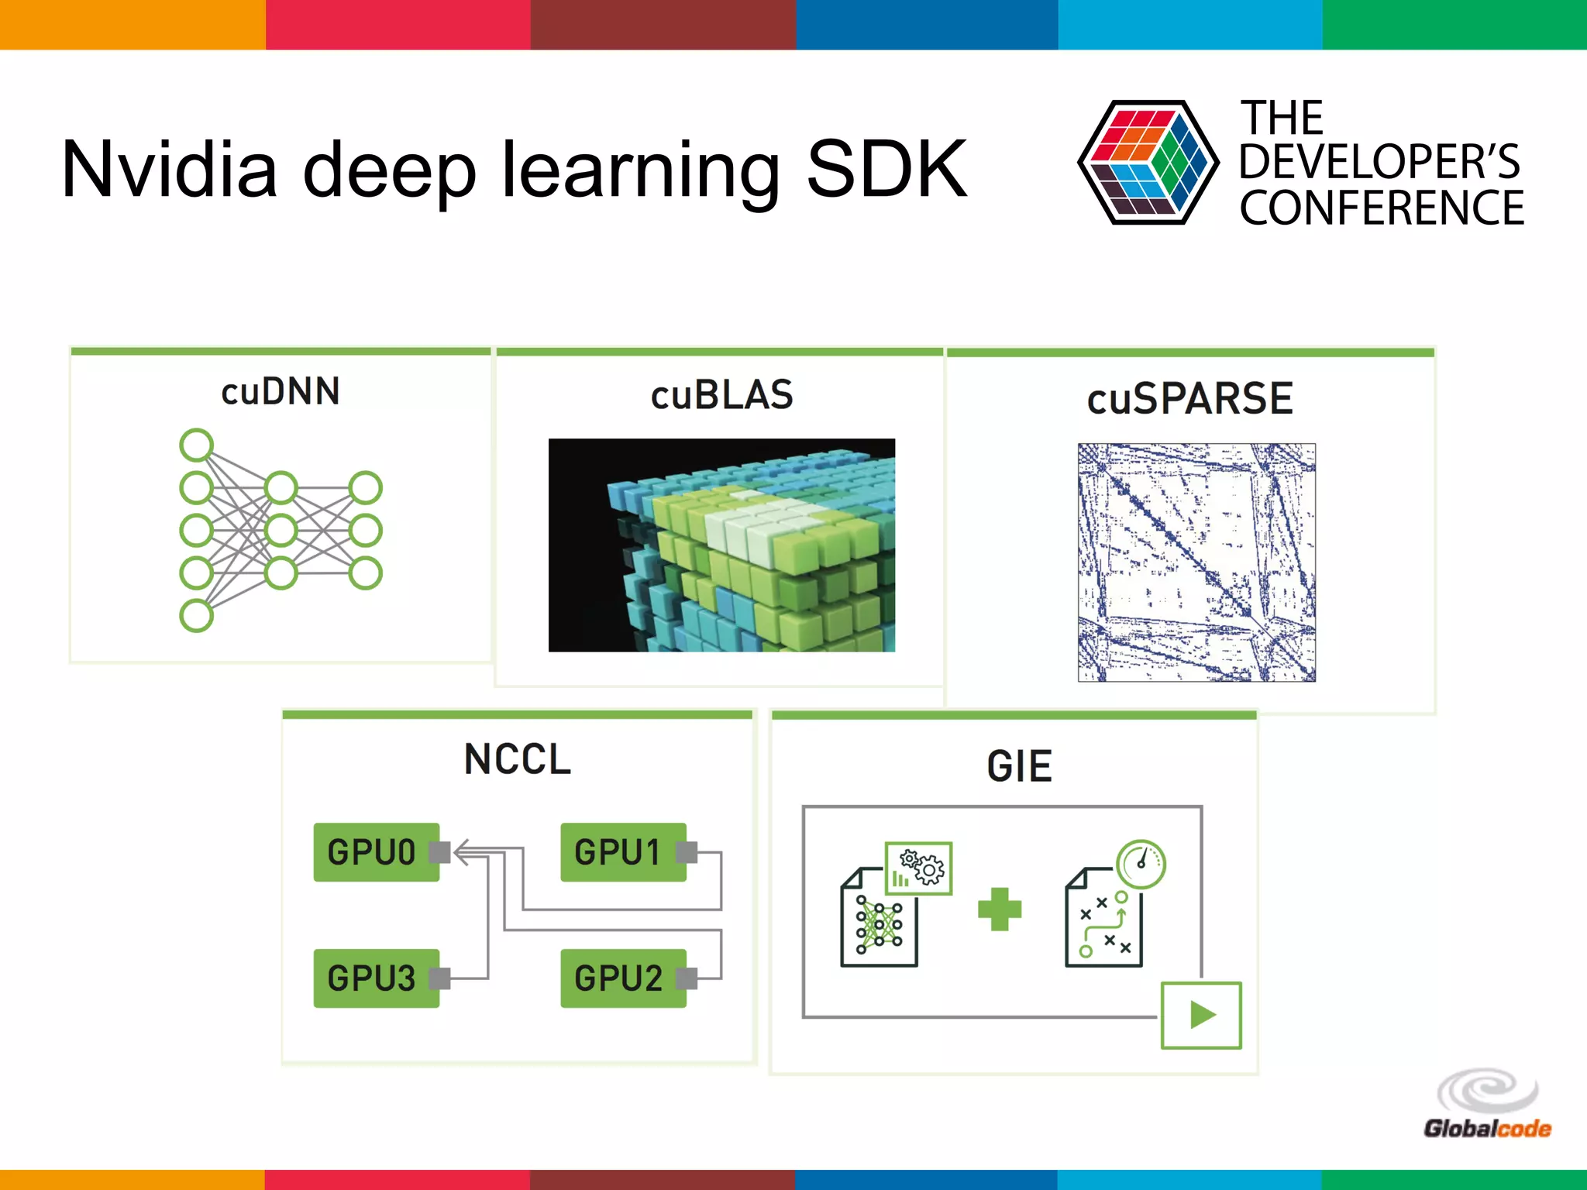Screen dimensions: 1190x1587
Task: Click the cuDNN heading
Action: (x=281, y=391)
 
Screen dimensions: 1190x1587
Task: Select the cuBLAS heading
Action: (x=721, y=395)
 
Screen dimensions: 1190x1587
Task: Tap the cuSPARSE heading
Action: (x=1189, y=399)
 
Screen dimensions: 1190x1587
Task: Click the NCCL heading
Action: (x=518, y=759)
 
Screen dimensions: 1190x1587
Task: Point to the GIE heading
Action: (x=1019, y=767)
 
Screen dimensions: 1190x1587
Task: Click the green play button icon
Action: (x=1201, y=1015)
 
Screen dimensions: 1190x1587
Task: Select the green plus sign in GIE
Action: (x=1000, y=909)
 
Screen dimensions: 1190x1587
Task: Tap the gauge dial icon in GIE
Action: (x=1141, y=864)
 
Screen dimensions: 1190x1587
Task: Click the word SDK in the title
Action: (x=886, y=169)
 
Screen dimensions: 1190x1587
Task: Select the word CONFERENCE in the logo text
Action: (x=1381, y=208)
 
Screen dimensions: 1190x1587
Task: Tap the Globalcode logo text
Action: (x=1486, y=1129)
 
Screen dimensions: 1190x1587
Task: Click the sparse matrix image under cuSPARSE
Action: (x=1196, y=562)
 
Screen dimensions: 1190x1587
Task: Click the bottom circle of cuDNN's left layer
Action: (x=197, y=616)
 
